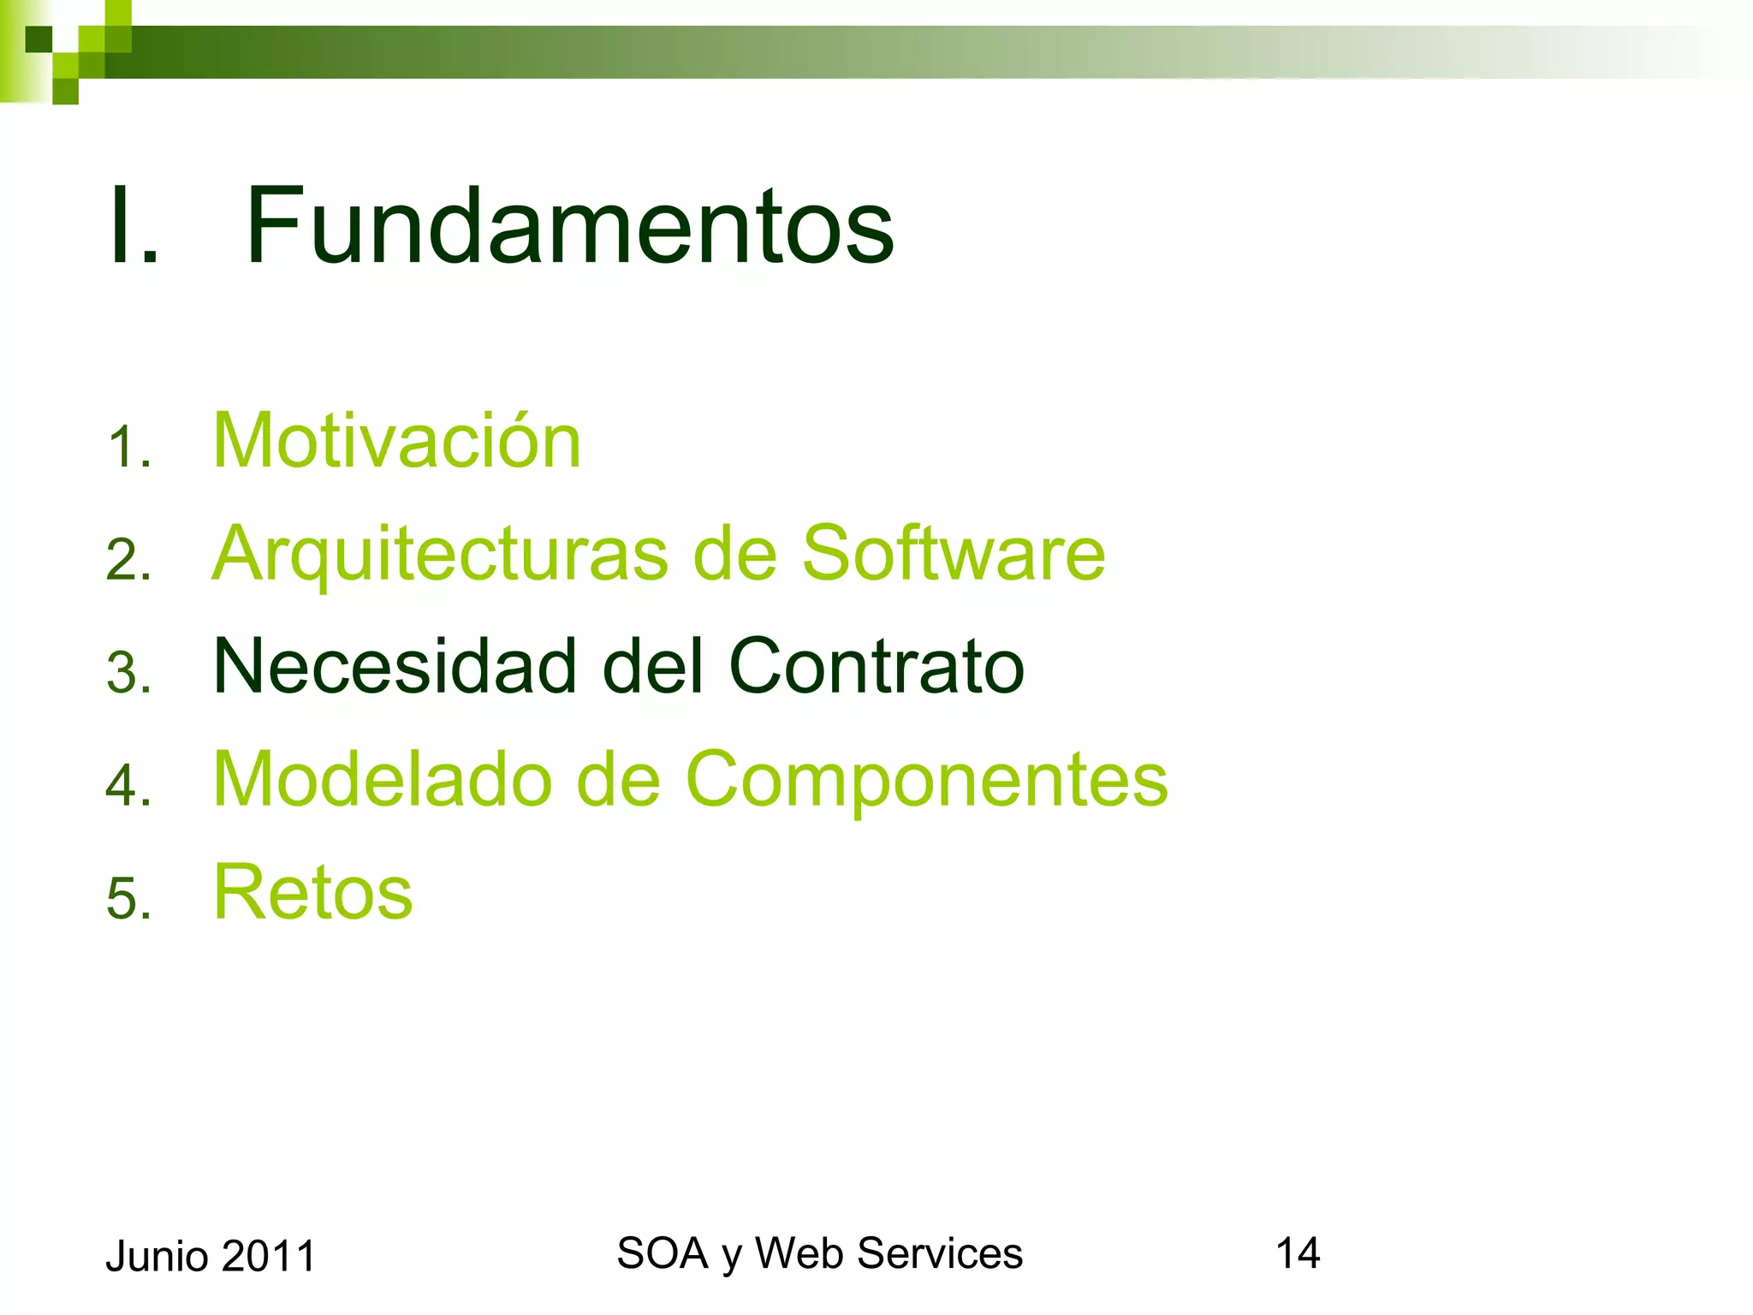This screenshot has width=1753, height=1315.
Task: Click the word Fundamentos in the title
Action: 569,225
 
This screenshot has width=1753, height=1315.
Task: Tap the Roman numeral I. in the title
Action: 134,227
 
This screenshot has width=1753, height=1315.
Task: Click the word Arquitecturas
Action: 439,555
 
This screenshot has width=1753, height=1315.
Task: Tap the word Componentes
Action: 926,781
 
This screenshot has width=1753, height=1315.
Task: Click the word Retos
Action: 312,892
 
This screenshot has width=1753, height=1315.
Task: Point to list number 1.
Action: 128,448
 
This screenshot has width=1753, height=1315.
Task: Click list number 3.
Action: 128,673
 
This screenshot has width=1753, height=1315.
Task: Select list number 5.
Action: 128,899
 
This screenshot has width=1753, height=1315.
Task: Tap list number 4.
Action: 128,786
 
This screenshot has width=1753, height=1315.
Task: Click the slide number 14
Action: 1297,1253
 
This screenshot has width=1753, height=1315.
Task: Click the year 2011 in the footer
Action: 269,1257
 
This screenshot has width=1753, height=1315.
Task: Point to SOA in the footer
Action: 662,1253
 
